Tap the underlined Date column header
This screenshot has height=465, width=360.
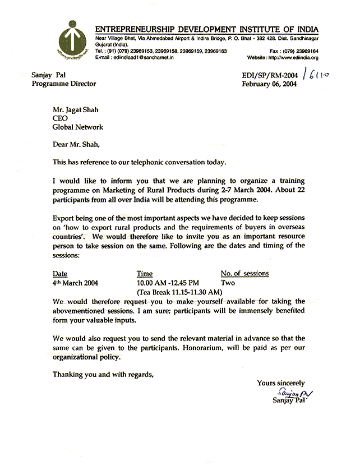point(60,274)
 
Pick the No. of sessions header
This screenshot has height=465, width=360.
point(245,274)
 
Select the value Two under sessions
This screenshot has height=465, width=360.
point(228,283)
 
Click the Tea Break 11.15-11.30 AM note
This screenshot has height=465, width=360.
point(180,292)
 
